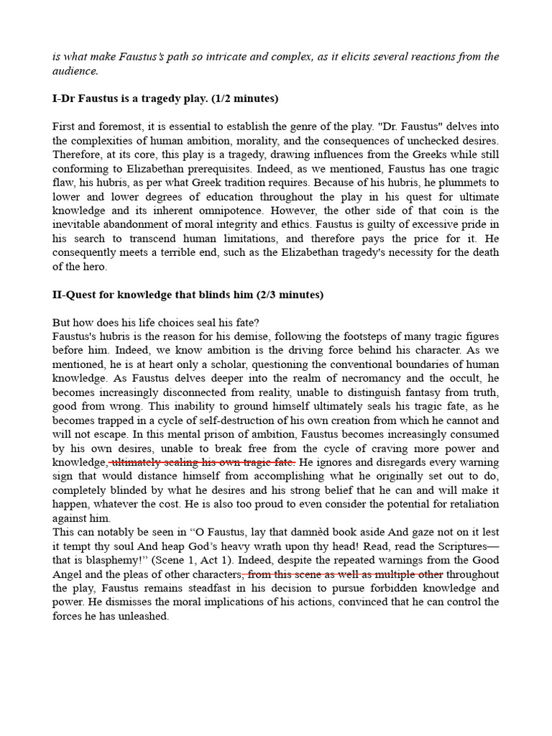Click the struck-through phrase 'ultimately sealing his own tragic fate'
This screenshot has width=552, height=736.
click(202, 462)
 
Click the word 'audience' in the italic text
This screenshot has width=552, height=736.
click(75, 70)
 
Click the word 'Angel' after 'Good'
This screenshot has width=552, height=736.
click(68, 574)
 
